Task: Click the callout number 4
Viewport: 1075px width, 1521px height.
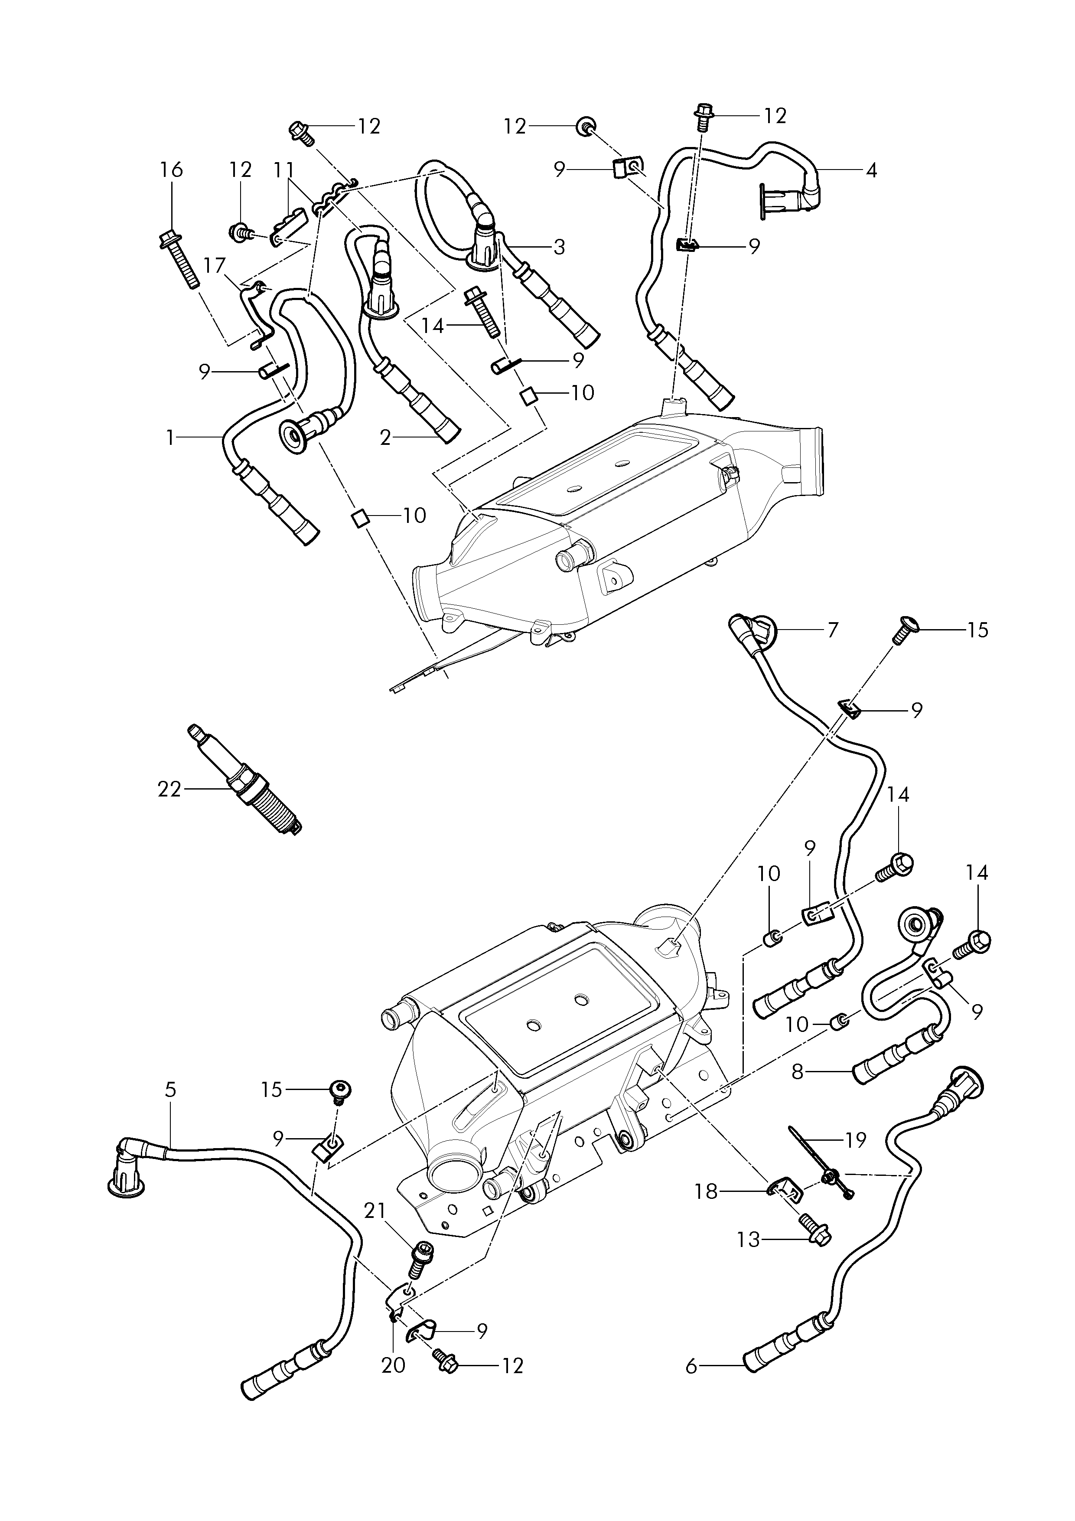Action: click(872, 170)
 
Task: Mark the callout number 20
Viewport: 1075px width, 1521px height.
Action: click(394, 1366)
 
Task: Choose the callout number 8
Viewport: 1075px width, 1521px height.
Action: click(798, 1071)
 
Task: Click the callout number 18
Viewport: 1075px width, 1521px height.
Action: click(706, 1192)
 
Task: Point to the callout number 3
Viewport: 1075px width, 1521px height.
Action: click(559, 247)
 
